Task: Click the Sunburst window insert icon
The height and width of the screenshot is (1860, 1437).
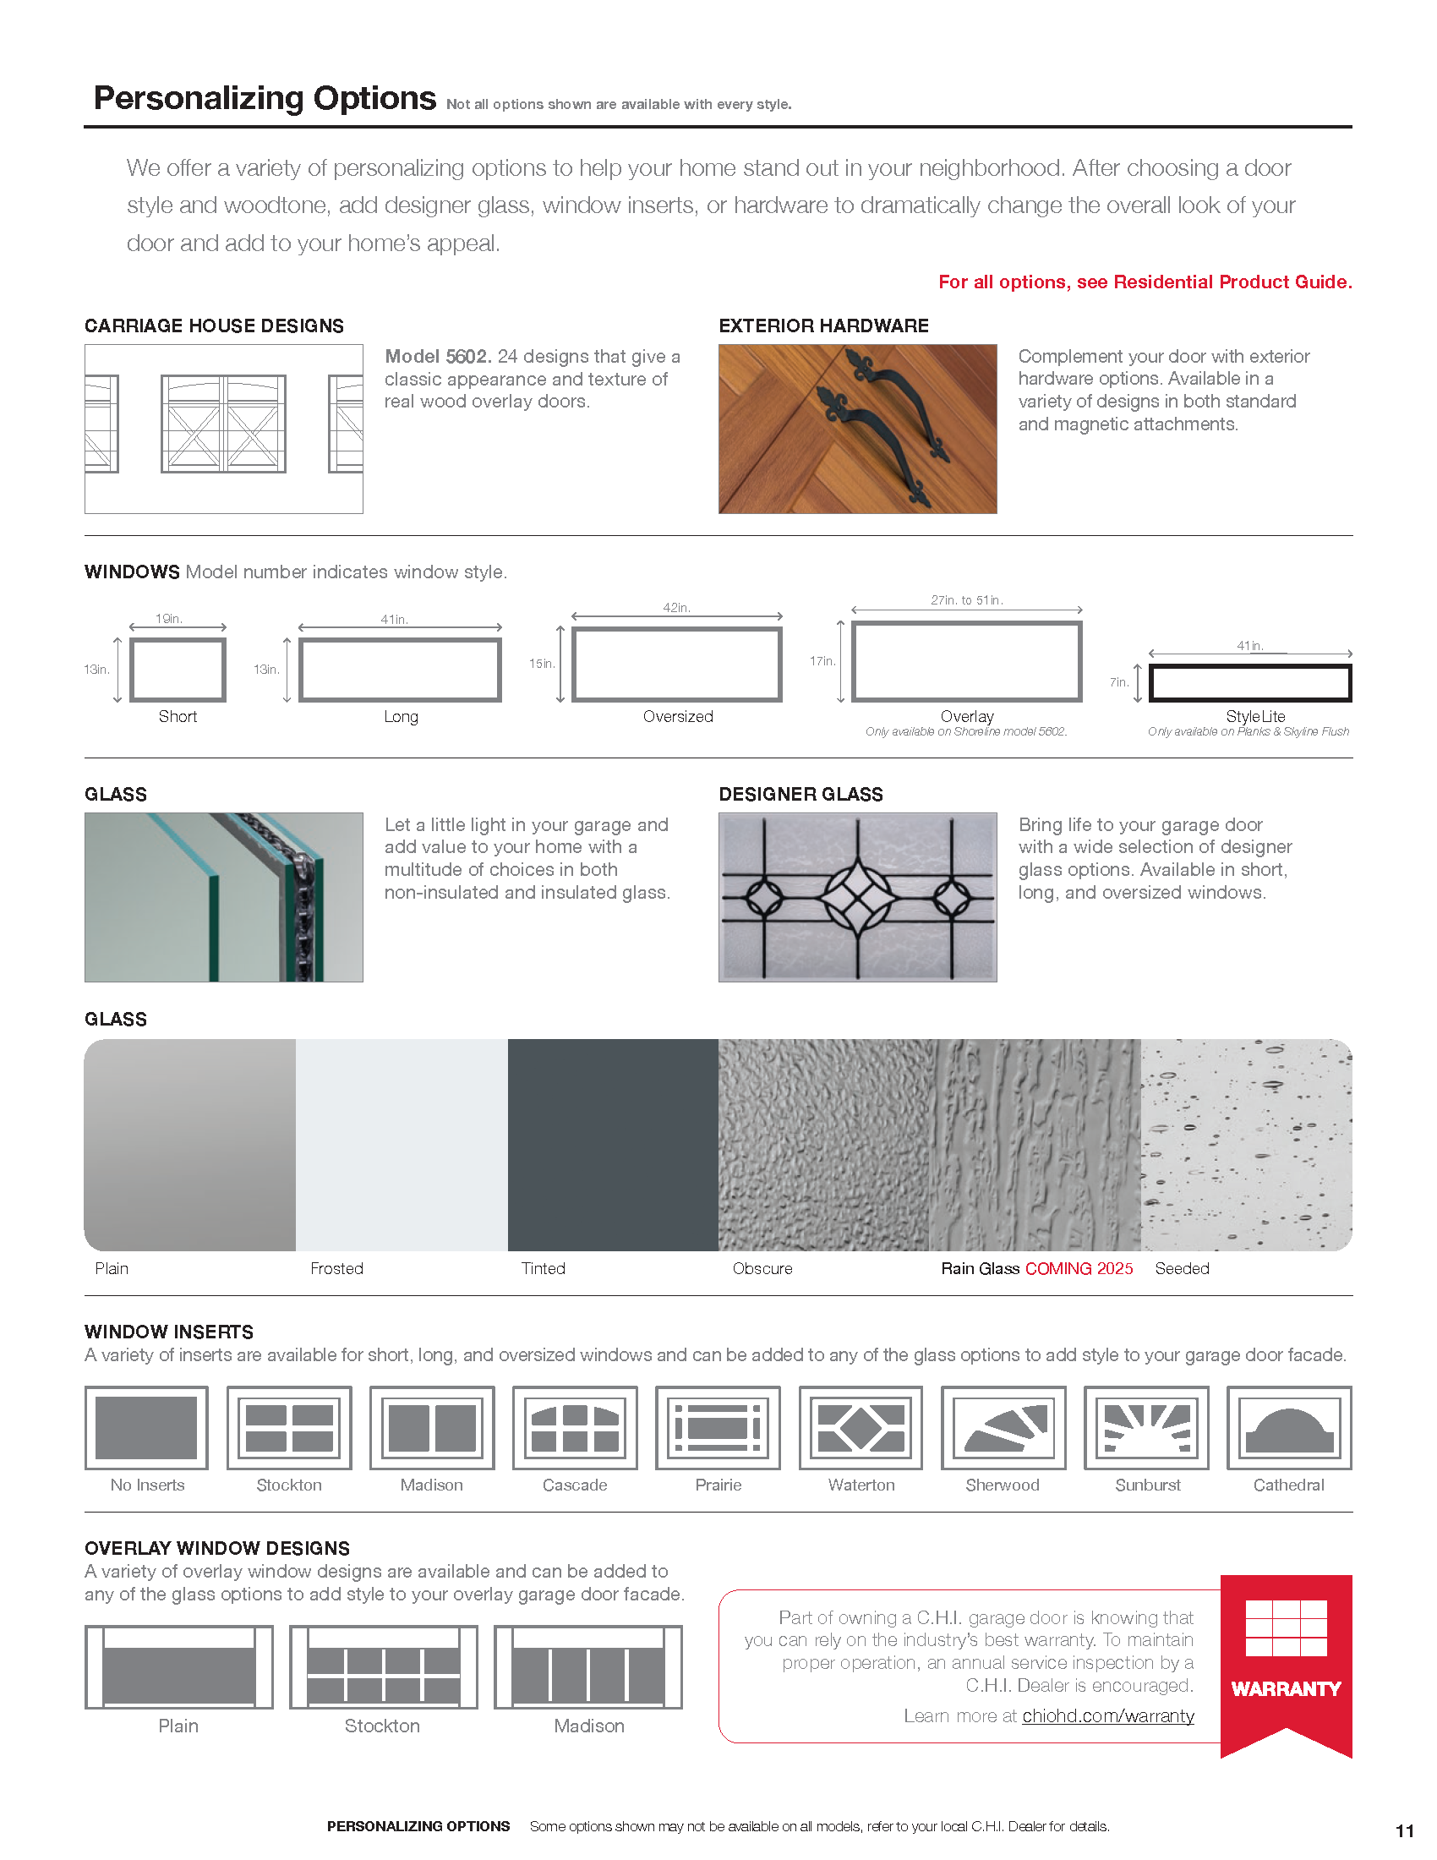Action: (1146, 1427)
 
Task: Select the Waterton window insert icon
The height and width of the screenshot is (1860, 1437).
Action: (861, 1427)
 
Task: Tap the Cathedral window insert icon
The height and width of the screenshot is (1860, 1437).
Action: (1289, 1427)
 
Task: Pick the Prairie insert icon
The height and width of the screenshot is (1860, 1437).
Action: (718, 1427)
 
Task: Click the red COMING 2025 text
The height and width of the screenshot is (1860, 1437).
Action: (1079, 1268)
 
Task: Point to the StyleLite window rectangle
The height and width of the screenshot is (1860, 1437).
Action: (1249, 683)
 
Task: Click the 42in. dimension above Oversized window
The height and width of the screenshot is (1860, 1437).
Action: (677, 607)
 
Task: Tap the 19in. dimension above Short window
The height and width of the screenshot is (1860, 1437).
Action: (168, 619)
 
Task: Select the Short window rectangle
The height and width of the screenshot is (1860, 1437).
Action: (177, 670)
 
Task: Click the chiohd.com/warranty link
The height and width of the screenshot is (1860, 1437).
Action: (1107, 1716)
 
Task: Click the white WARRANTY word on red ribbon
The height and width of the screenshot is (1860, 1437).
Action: (1286, 1689)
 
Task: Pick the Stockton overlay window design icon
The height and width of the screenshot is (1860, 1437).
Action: (383, 1666)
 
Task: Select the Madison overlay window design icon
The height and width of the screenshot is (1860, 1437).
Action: (588, 1666)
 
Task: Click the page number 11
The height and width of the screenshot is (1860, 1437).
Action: (1405, 1831)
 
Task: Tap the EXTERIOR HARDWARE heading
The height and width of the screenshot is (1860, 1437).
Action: (823, 326)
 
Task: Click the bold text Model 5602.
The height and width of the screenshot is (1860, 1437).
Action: (438, 356)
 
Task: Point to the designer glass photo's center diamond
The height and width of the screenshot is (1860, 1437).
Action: (857, 896)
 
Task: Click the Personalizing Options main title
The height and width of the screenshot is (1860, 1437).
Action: (265, 99)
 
